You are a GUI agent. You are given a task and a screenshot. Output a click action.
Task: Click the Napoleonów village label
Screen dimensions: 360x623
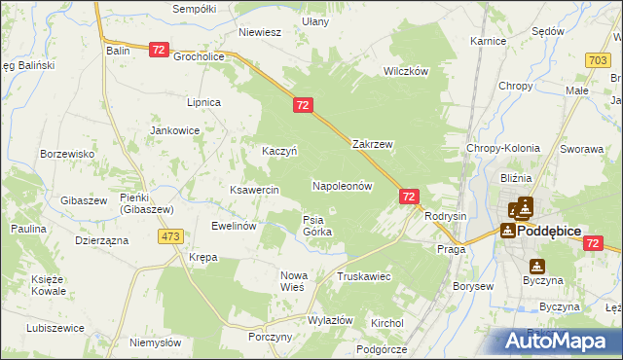pyautogui.click(x=343, y=185)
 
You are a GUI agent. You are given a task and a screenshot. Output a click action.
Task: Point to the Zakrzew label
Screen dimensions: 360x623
pyautogui.click(x=372, y=144)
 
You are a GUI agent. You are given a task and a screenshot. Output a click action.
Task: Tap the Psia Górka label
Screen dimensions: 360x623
pyautogui.click(x=317, y=226)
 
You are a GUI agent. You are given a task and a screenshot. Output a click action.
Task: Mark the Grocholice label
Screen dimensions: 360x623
pyautogui.click(x=200, y=56)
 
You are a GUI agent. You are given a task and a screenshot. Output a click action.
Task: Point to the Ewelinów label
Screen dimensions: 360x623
pyautogui.click(x=234, y=225)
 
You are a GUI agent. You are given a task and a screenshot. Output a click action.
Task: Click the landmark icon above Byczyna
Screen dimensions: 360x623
pyautogui.click(x=536, y=266)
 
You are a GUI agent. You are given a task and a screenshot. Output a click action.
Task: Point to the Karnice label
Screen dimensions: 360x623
pyautogui.click(x=488, y=42)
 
